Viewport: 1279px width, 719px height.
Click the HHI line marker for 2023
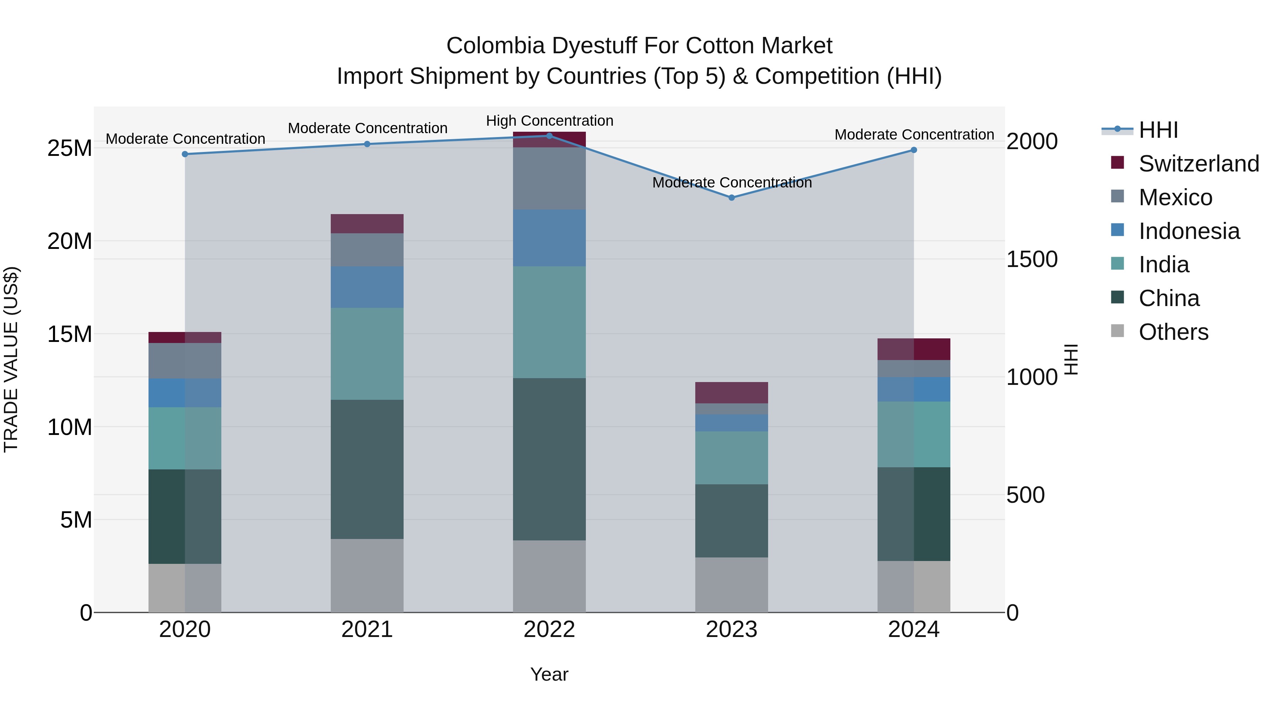click(732, 197)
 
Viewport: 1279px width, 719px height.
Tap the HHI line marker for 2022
click(549, 136)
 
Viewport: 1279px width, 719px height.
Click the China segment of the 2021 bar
click(367, 469)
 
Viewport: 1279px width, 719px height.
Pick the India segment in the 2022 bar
click(549, 322)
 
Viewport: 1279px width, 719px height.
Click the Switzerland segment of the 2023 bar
click(732, 392)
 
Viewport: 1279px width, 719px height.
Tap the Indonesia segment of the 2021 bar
click(367, 287)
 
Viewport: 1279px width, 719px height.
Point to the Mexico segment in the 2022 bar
click(549, 178)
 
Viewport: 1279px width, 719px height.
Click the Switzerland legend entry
click(1199, 164)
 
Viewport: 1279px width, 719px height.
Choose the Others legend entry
click(1173, 332)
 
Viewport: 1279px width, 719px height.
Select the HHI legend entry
click(1158, 130)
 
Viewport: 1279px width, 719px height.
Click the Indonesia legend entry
click(1189, 231)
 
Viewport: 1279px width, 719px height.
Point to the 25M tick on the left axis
click(70, 148)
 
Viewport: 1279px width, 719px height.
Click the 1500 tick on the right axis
click(1032, 259)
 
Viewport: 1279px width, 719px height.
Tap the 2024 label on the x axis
click(913, 630)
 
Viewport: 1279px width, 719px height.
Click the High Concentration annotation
click(550, 121)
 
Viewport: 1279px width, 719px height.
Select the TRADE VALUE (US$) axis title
click(11, 359)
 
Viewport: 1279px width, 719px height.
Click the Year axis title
click(549, 674)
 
